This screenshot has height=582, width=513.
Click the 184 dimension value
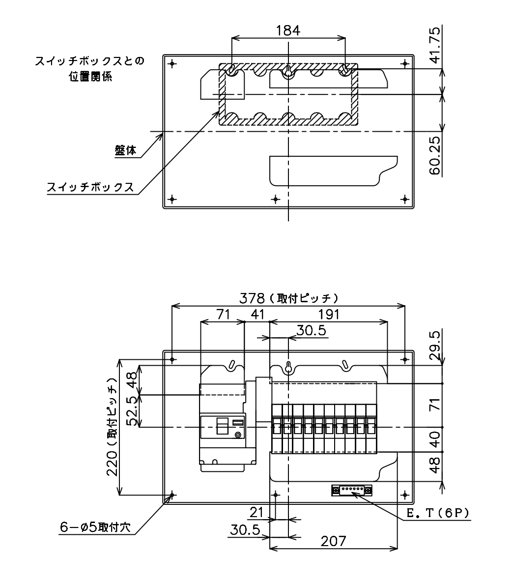click(x=288, y=30)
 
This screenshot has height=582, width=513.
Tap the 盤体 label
click(x=125, y=150)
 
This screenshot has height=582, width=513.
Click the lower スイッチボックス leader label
click(x=90, y=187)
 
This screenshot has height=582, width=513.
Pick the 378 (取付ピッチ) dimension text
click(x=289, y=298)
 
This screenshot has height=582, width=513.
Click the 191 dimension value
click(x=329, y=315)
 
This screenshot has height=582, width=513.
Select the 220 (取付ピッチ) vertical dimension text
click(x=112, y=427)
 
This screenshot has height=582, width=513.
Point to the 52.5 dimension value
click(x=132, y=411)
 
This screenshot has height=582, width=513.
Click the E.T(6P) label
click(x=438, y=513)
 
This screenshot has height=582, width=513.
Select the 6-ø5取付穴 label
click(x=95, y=527)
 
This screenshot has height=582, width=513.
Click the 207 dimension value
click(x=333, y=541)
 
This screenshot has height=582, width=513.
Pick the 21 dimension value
click(x=256, y=513)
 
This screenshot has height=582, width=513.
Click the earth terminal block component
click(x=352, y=490)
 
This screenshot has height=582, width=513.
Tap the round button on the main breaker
click(x=238, y=435)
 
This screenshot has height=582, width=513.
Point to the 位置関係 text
click(x=90, y=77)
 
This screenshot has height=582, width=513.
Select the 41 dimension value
click(x=257, y=315)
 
